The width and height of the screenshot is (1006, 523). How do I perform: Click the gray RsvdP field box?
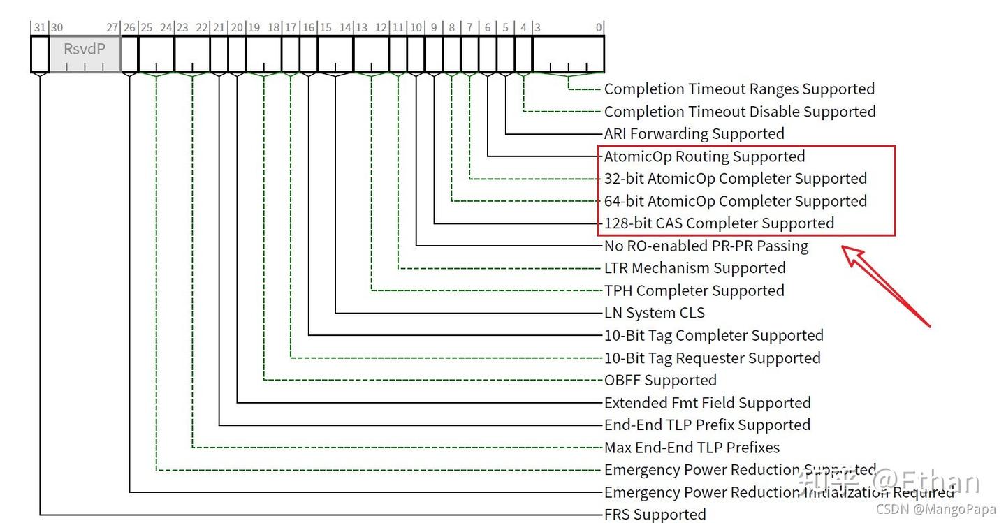pos(85,54)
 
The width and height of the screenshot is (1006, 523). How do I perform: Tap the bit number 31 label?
pos(40,28)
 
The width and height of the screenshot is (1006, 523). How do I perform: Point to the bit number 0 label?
pos(599,28)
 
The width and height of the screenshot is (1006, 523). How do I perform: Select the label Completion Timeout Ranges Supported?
pos(739,89)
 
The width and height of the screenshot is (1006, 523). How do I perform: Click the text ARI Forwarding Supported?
pos(694,133)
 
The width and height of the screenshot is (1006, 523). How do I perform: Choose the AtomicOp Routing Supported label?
pos(704,156)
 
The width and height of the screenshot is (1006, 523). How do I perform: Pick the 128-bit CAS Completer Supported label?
pos(719,223)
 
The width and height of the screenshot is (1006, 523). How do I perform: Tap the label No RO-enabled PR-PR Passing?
pos(706,246)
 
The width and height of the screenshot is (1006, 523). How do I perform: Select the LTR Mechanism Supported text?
pos(694,268)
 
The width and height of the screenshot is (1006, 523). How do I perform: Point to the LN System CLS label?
pos(655,313)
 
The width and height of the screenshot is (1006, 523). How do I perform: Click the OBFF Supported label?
pos(660,381)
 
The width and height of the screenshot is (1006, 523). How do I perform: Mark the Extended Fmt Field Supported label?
pos(707,403)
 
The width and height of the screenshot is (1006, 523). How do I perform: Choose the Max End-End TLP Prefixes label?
pos(692,448)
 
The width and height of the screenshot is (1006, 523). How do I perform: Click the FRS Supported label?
pos(655,515)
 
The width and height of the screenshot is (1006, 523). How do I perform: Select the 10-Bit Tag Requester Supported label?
pos(712,358)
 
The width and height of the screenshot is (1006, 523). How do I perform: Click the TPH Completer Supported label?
pos(694,290)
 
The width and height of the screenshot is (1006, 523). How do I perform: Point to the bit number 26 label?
pos(129,28)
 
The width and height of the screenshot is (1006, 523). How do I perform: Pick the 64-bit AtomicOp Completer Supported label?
pos(735,201)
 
